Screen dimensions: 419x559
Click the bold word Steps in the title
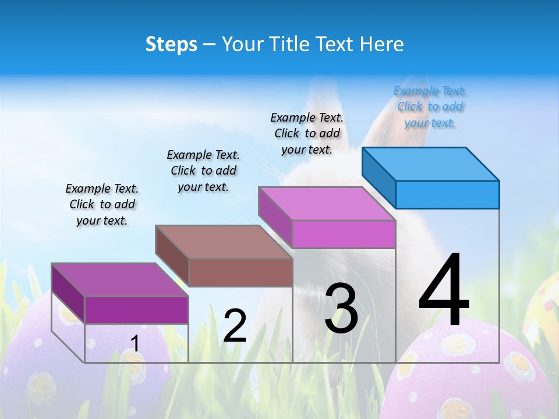pyautogui.click(x=171, y=44)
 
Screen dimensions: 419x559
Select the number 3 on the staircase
pyautogui.click(x=341, y=308)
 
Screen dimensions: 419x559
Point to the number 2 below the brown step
pyautogui.click(x=235, y=326)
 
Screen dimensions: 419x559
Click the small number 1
pyautogui.click(x=135, y=344)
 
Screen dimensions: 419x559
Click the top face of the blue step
pyautogui.click(x=430, y=164)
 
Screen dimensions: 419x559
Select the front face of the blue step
pyautogui.click(x=447, y=194)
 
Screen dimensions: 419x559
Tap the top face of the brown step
pyautogui.click(x=223, y=242)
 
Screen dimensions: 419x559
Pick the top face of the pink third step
pyautogui.click(x=326, y=204)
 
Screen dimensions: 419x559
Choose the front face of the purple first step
pyautogui.click(x=136, y=310)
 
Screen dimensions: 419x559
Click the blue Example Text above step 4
pyautogui.click(x=430, y=106)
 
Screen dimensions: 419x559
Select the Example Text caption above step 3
pyautogui.click(x=307, y=133)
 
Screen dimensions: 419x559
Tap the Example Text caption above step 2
pyautogui.click(x=203, y=171)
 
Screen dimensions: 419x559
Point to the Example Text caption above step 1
pyautogui.click(x=102, y=204)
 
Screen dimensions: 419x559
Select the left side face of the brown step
pyautogui.click(x=172, y=256)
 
